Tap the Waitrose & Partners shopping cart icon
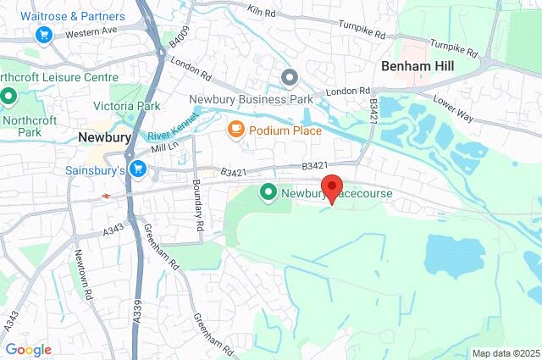[43, 35]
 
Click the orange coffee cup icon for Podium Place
[235, 130]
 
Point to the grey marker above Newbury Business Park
[290, 79]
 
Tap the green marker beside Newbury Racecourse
[269, 193]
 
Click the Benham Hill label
[418, 65]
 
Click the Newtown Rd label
[80, 274]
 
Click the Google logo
[28, 349]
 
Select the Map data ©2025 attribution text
[505, 353]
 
